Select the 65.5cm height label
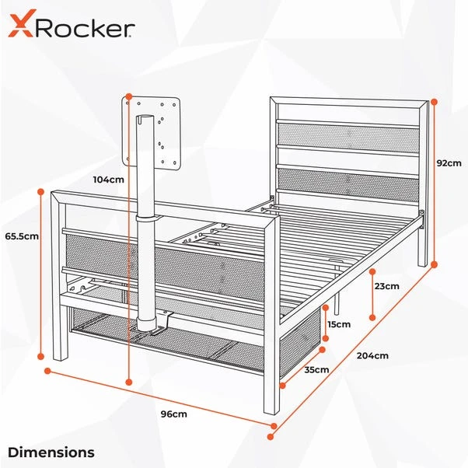[21, 236]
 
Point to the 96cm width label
[174, 414]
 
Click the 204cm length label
[373, 355]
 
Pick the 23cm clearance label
[386, 286]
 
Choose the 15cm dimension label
[339, 323]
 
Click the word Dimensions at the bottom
[51, 452]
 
